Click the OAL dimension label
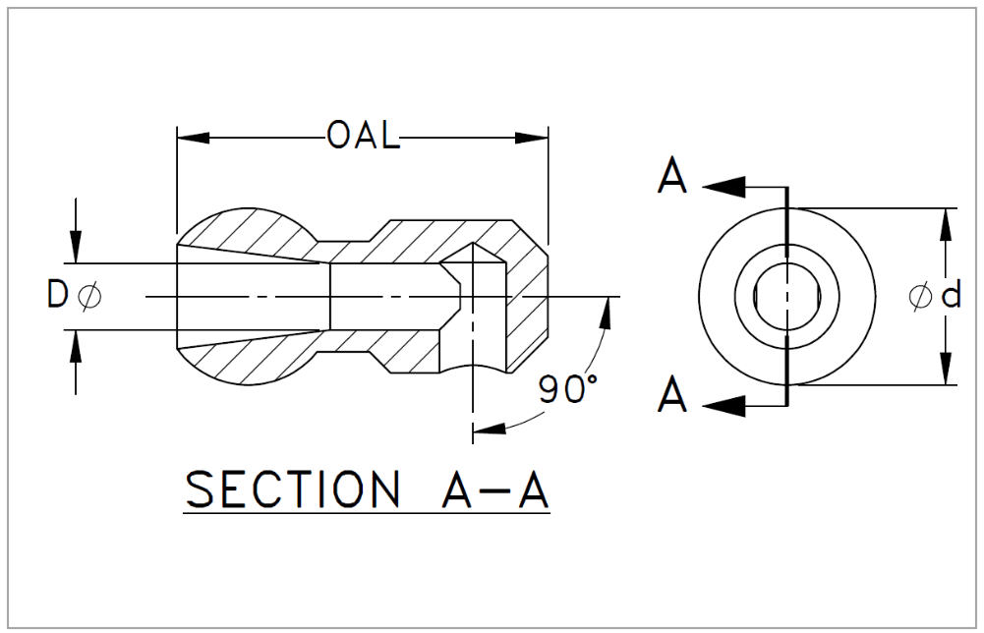364,137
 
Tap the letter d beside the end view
950,295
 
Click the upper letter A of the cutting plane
672,180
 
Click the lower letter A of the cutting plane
672,396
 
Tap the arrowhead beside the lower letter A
724,403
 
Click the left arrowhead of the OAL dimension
189,137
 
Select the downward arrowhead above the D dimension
77,250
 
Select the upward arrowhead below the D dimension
77,343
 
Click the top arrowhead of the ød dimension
945,222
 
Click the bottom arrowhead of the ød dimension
945,371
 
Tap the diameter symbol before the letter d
921,295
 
